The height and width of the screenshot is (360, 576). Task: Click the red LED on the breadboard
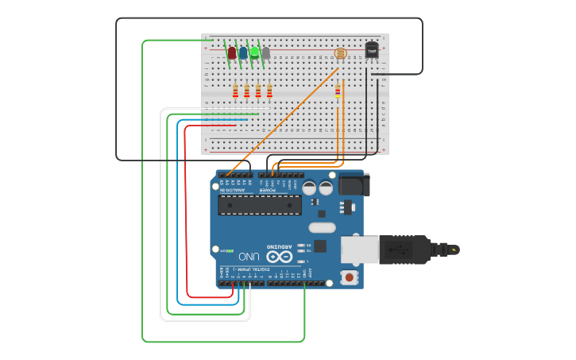pos(232,53)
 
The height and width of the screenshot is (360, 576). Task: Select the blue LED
pos(243,53)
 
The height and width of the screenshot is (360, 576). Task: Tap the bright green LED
pos(254,53)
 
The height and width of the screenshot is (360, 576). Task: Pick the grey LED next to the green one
pos(265,53)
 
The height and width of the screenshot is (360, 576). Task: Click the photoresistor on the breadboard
pos(341,54)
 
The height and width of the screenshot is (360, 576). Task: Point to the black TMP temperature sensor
pos(371,50)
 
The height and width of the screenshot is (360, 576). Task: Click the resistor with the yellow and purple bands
pos(338,92)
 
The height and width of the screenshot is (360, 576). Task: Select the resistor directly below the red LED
pos(236,92)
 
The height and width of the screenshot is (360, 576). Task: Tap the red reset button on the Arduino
pos(348,277)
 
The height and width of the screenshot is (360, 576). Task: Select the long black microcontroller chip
pos(260,205)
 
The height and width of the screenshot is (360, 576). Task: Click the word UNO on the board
pos(249,256)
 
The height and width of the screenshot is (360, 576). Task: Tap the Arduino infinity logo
pos(279,256)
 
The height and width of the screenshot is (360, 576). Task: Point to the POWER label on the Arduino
pos(270,191)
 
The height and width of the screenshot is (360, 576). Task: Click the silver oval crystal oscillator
pos(319,246)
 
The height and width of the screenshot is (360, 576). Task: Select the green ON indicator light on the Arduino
pos(230,251)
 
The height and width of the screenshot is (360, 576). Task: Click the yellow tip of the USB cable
pos(454,250)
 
